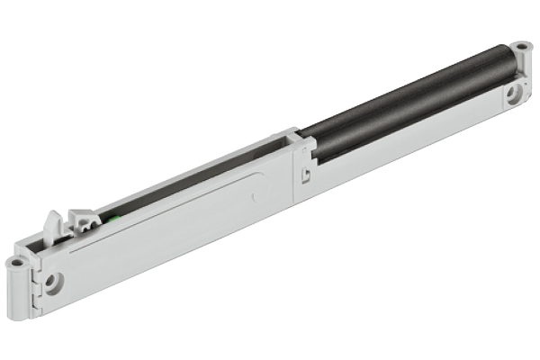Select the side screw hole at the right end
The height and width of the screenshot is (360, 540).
point(513,92)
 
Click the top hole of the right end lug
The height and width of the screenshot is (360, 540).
point(520,44)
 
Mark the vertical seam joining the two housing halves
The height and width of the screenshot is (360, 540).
point(294,171)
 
